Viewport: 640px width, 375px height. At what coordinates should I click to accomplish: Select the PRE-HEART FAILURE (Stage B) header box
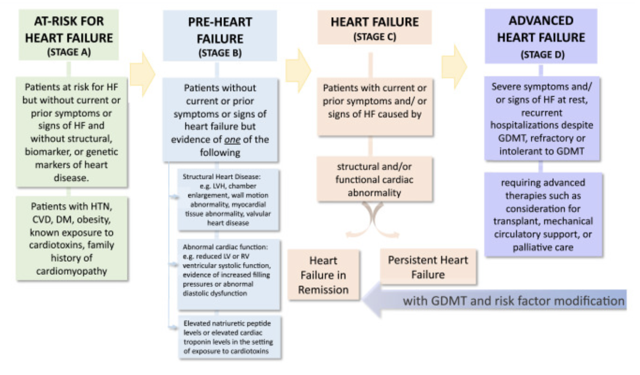pos(220,36)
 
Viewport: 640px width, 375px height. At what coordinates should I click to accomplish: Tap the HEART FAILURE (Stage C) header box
pos(374,27)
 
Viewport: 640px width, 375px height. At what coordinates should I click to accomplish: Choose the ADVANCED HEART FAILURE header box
pos(541,36)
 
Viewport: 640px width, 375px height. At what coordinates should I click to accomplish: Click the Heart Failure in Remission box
pos(323,275)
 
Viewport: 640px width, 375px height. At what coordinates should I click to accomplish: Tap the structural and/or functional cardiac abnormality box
pos(374,179)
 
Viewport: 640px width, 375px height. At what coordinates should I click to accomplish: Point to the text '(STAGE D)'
pos(541,56)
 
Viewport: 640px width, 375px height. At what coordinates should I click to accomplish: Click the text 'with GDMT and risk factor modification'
pos(514,300)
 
